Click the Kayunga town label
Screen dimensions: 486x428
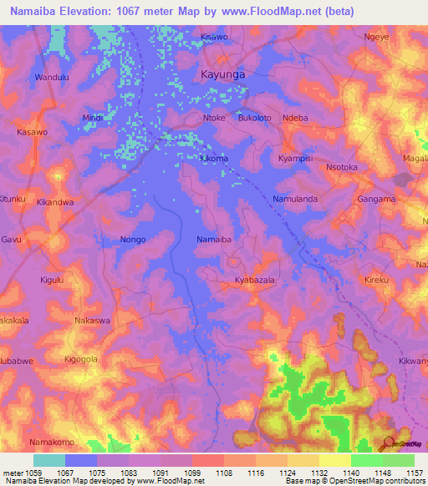tap(222, 74)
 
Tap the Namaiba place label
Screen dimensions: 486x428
tap(213, 240)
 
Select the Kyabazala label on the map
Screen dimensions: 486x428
tap(256, 281)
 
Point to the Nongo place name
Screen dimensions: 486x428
tap(133, 240)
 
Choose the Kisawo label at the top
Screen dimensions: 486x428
tap(214, 38)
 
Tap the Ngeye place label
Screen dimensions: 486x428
tap(377, 38)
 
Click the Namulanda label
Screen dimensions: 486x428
tap(294, 199)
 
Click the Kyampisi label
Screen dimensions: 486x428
tap(295, 158)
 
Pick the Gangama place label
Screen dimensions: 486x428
tap(376, 199)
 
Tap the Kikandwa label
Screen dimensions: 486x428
tap(56, 202)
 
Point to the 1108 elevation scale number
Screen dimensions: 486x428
tap(207, 472)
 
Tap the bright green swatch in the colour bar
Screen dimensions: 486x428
tap(366, 460)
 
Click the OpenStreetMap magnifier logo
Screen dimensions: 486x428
tap(388, 443)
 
